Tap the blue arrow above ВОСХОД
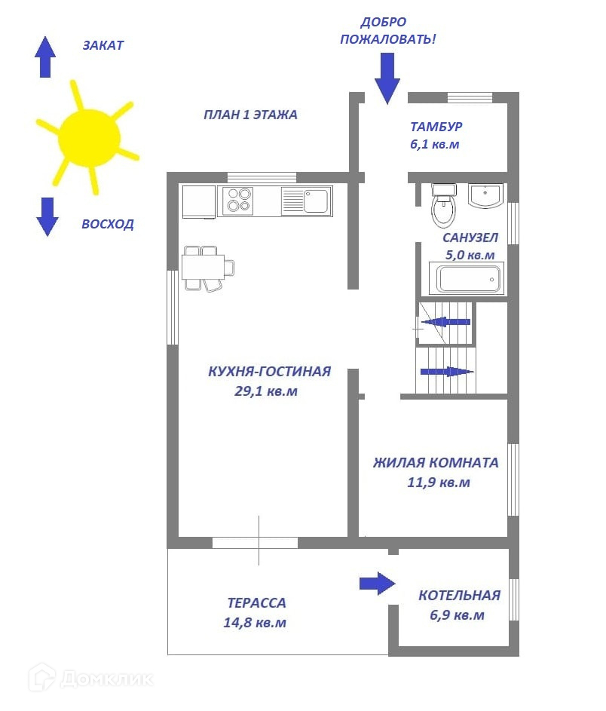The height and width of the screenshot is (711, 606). click(x=47, y=216)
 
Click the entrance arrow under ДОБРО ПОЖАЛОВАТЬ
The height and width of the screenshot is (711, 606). click(x=387, y=81)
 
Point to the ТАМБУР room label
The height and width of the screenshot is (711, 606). click(x=436, y=127)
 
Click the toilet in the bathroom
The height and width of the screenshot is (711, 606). click(x=443, y=206)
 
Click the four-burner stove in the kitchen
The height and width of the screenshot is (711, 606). click(x=239, y=201)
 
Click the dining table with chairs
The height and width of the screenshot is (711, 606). click(x=207, y=267)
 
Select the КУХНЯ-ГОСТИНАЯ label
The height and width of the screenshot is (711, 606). click(x=269, y=371)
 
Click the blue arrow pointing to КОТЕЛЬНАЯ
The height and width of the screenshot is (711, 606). click(x=377, y=583)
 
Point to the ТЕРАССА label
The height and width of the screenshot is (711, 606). click(x=256, y=603)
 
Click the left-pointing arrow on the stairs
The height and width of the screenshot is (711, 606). click(x=445, y=322)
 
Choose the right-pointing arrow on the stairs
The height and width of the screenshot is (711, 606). click(x=446, y=371)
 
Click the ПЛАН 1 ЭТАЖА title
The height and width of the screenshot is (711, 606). click(x=250, y=115)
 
